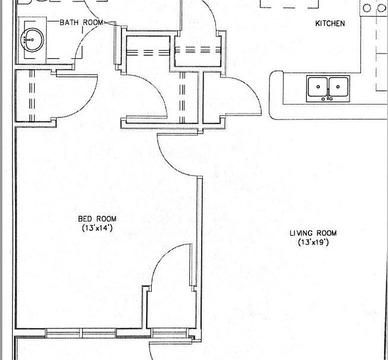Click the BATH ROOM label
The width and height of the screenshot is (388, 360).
pyautogui.click(x=81, y=22)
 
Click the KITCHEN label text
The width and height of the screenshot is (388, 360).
pyautogui.click(x=329, y=23)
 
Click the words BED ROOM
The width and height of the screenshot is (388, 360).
pyautogui.click(x=97, y=219)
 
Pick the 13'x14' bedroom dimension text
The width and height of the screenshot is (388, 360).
pyautogui.click(x=97, y=228)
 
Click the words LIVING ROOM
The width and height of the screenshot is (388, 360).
pyautogui.click(x=313, y=233)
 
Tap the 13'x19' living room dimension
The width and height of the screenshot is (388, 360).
pyautogui.click(x=313, y=242)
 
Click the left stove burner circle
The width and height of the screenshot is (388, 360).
pyautogui.click(x=367, y=8)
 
